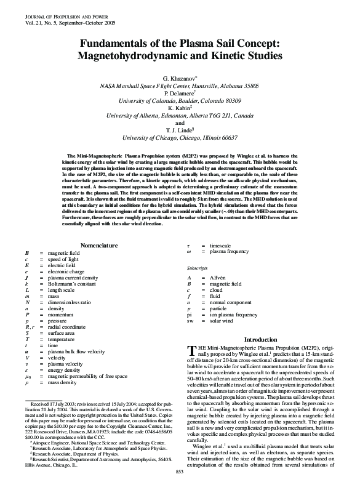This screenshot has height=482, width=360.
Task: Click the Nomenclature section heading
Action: [99, 246]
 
